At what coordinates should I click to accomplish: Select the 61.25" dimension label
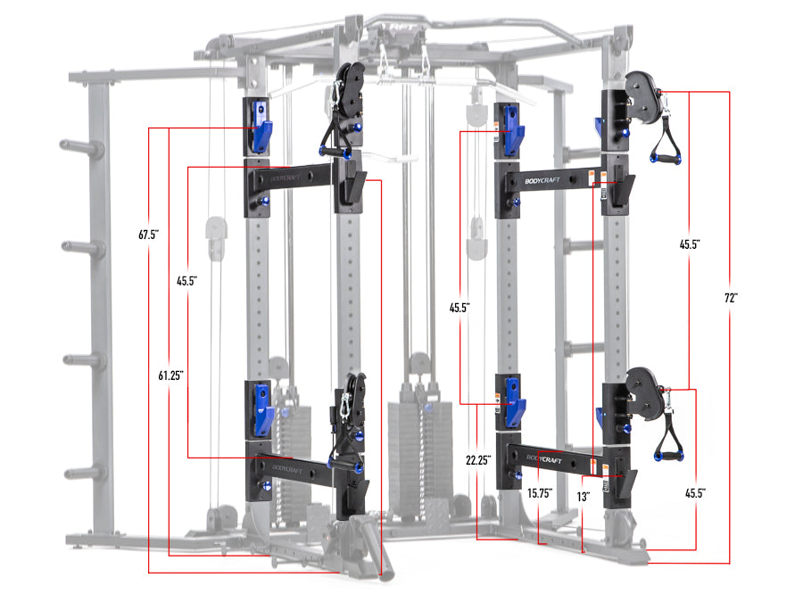point(171,375)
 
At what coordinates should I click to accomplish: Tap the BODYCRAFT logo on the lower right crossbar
point(545,458)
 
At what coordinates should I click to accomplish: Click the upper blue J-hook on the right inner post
point(512,127)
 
